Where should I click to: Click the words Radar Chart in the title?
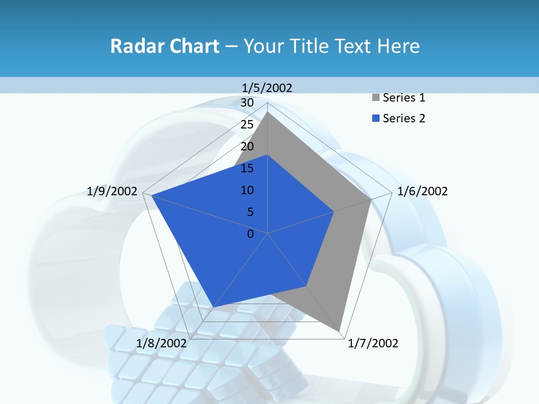(x=165, y=46)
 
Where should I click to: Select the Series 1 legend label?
(x=404, y=98)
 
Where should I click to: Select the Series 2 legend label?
(x=404, y=118)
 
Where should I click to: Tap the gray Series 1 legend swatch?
(x=376, y=98)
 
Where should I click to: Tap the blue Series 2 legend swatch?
(x=376, y=119)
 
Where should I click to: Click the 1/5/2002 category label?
(x=267, y=88)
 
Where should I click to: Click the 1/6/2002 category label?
(x=422, y=191)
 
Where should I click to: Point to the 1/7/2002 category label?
(x=373, y=343)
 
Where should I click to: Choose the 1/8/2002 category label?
(x=161, y=343)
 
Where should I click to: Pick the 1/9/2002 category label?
(x=112, y=191)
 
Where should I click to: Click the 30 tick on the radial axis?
(x=247, y=103)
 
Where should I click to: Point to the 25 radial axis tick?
(x=247, y=125)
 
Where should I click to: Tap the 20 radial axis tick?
(x=247, y=146)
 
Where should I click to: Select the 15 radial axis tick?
(x=247, y=168)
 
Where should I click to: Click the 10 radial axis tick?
(x=247, y=190)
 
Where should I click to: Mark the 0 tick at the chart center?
(x=250, y=234)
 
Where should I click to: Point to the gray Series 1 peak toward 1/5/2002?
(x=268, y=112)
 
